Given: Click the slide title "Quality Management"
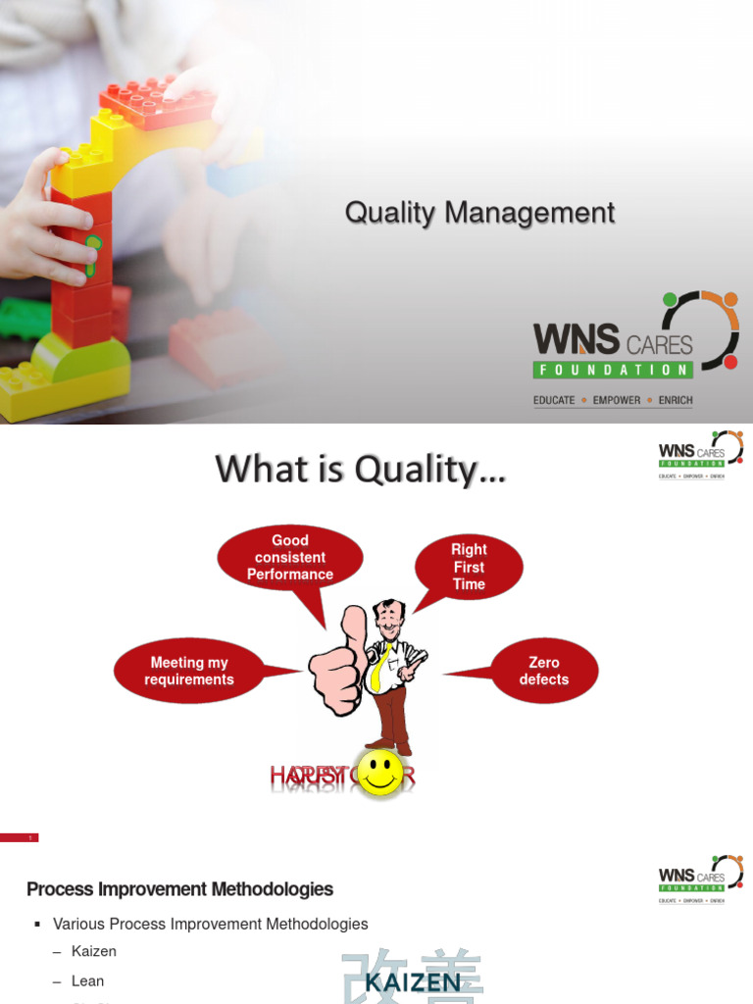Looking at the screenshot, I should coord(479,213).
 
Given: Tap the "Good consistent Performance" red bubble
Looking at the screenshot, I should coord(289,558).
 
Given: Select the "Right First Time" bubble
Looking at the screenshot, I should coord(469,567).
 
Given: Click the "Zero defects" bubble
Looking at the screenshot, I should coord(543,671).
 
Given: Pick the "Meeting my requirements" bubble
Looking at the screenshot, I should coord(188,671).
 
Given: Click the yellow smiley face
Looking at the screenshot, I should coord(379,773).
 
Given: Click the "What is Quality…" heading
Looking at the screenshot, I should coord(361,470).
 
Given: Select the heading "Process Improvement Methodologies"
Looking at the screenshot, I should coord(179,889).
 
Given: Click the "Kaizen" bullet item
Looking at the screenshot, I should coord(93,951).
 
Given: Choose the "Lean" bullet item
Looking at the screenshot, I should coord(87,980).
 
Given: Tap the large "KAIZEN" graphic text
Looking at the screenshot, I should coord(413,980).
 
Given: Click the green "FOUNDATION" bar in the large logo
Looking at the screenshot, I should coord(613,370).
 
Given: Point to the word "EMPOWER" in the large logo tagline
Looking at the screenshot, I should coord(617,400).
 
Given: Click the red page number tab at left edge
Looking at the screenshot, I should coord(19,837).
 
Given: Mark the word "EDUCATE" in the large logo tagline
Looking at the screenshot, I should coord(554,400).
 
